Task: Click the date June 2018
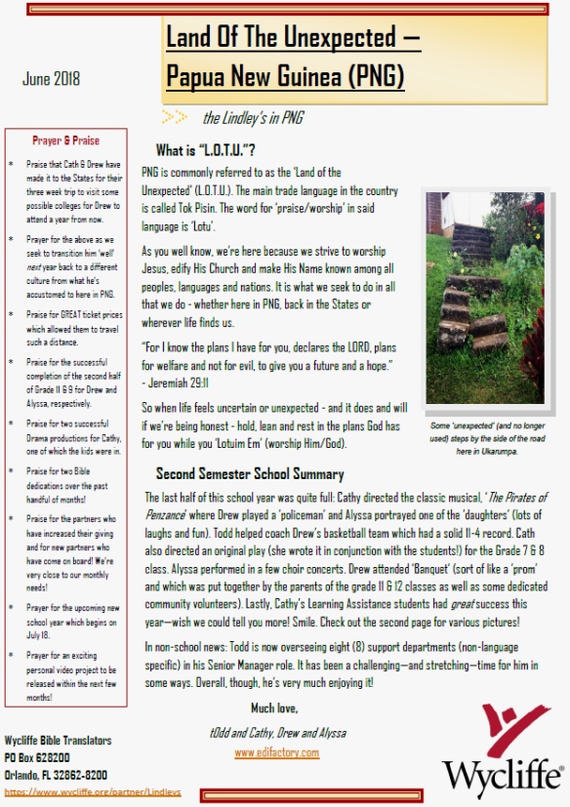[52, 79]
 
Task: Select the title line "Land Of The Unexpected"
[293, 38]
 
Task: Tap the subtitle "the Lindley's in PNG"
[253, 118]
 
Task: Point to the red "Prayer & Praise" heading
[65, 141]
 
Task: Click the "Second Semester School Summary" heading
[250, 474]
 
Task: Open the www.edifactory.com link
[276, 752]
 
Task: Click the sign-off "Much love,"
[276, 707]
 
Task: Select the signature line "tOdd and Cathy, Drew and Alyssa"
[276, 731]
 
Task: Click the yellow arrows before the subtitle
[175, 117]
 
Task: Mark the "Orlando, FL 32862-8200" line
[56, 774]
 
